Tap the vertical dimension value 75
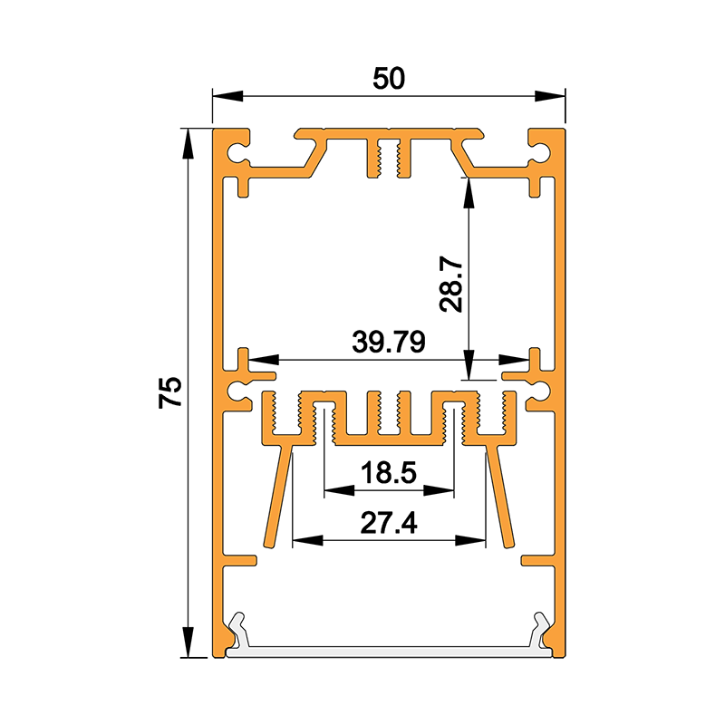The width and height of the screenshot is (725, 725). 170,391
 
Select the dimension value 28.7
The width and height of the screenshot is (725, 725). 452,286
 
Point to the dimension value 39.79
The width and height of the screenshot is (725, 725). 389,343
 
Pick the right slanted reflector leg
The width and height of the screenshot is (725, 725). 499,494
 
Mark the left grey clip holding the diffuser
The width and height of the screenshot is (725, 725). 237,630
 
